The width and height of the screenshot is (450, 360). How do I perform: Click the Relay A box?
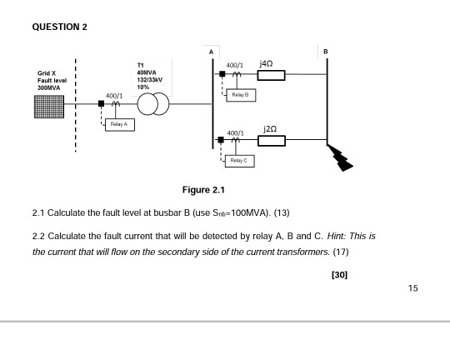pyautogui.click(x=120, y=125)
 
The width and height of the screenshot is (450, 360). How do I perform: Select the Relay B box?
pyautogui.click(x=241, y=95)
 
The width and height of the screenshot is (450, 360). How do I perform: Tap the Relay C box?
pyautogui.click(x=240, y=161)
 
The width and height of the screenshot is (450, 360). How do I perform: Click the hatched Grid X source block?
pyautogui.click(x=49, y=107)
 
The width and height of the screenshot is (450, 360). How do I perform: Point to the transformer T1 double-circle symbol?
pyautogui.click(x=153, y=104)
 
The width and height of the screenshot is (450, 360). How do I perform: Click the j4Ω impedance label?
pyautogui.click(x=266, y=63)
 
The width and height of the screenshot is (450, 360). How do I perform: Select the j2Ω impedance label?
pyautogui.click(x=270, y=129)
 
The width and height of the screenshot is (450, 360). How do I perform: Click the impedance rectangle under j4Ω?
pyautogui.click(x=271, y=75)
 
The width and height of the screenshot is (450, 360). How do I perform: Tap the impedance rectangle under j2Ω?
pyautogui.click(x=272, y=141)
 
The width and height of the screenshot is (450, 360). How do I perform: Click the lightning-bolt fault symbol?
pyautogui.click(x=340, y=158)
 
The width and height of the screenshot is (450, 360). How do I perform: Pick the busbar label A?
pyautogui.click(x=211, y=52)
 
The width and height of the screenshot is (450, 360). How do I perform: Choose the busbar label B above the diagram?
pyautogui.click(x=326, y=52)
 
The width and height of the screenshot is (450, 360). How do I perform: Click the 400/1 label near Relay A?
pyautogui.click(x=114, y=96)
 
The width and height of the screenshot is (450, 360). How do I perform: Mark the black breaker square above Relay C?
pyautogui.click(x=221, y=140)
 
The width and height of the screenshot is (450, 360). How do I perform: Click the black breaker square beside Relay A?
pyautogui.click(x=102, y=103)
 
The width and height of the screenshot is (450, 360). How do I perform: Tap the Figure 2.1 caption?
pyautogui.click(x=203, y=190)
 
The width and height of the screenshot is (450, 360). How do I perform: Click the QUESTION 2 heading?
pyautogui.click(x=60, y=27)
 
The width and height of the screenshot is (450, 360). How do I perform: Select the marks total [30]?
pyautogui.click(x=339, y=275)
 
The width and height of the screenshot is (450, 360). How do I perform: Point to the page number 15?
pyautogui.click(x=413, y=288)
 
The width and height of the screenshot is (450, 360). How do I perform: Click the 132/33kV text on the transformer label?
pyautogui.click(x=149, y=80)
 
